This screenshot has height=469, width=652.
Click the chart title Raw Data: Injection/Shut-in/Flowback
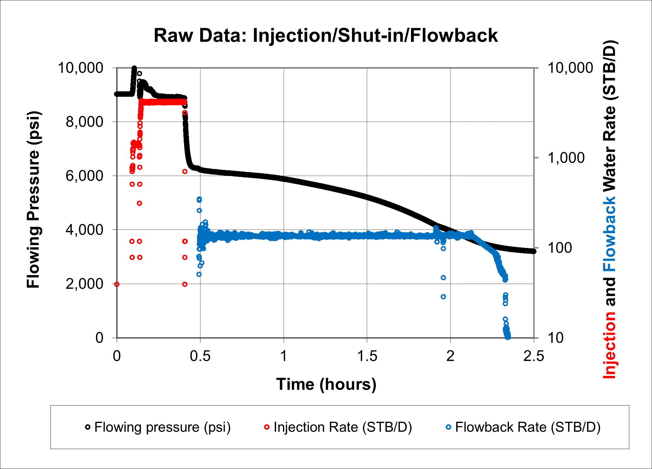pyautogui.click(x=326, y=35)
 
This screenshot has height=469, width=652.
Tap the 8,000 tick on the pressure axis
pyautogui.click(x=84, y=122)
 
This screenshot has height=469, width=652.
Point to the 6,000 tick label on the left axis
pyautogui.click(x=84, y=176)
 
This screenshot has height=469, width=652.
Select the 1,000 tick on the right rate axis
pyautogui.click(x=566, y=158)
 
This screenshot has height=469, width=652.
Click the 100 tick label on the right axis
pyautogui.click(x=559, y=248)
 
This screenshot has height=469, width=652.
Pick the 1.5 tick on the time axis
pyautogui.click(x=367, y=356)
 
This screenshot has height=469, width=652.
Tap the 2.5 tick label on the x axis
pyautogui.click(x=534, y=356)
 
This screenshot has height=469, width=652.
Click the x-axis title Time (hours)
pyautogui.click(x=326, y=384)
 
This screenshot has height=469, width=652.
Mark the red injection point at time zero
pyautogui.click(x=117, y=284)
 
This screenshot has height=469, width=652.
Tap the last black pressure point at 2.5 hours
pyautogui.click(x=534, y=251)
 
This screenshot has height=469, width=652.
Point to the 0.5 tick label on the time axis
pyautogui.click(x=200, y=356)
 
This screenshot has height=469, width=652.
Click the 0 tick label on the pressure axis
pyautogui.click(x=99, y=338)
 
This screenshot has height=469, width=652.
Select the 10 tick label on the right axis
pyautogui.click(x=556, y=338)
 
